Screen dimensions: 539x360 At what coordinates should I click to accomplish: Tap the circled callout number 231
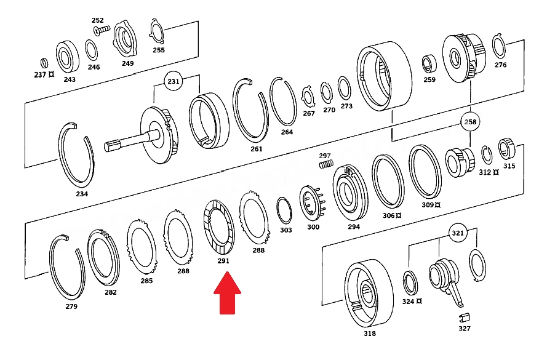tap(174, 81)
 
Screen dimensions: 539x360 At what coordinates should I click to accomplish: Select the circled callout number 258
tap(470, 122)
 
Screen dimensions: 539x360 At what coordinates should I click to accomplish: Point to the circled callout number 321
tap(458, 233)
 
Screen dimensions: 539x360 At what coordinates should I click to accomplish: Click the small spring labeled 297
tap(326, 164)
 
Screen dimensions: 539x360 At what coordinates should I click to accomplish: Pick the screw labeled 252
tap(102, 30)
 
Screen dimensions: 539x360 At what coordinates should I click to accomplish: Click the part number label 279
tap(71, 306)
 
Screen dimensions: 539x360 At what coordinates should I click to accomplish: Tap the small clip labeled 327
tap(465, 317)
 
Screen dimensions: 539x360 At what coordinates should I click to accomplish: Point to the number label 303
tap(286, 230)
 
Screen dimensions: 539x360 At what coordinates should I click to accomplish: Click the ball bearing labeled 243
tap(68, 57)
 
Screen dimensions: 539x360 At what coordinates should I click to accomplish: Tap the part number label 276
tap(500, 65)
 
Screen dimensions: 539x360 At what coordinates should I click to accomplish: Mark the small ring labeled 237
tap(44, 63)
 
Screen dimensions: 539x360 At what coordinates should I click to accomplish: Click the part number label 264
tap(287, 132)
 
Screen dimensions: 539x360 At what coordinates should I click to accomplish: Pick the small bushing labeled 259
tap(429, 63)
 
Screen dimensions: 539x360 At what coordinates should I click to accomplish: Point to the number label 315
tap(509, 166)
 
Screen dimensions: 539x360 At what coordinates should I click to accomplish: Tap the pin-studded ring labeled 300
tap(313, 203)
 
